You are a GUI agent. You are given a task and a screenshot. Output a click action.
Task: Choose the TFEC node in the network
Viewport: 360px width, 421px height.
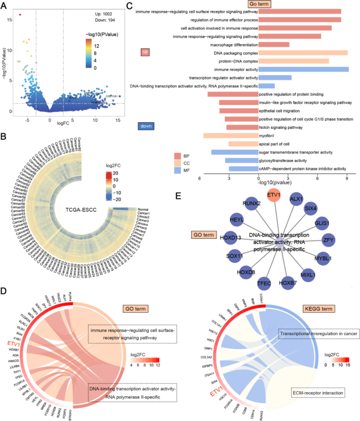click(x=264, y=284)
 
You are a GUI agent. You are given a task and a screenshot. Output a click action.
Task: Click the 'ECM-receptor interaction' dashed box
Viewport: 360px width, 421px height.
click(x=318, y=392)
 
